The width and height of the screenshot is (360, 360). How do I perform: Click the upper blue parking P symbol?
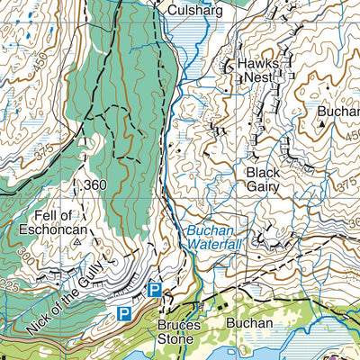tap(155, 289)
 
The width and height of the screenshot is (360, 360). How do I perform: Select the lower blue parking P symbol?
tap(123, 313)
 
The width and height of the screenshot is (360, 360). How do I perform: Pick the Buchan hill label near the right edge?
tap(337, 112)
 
